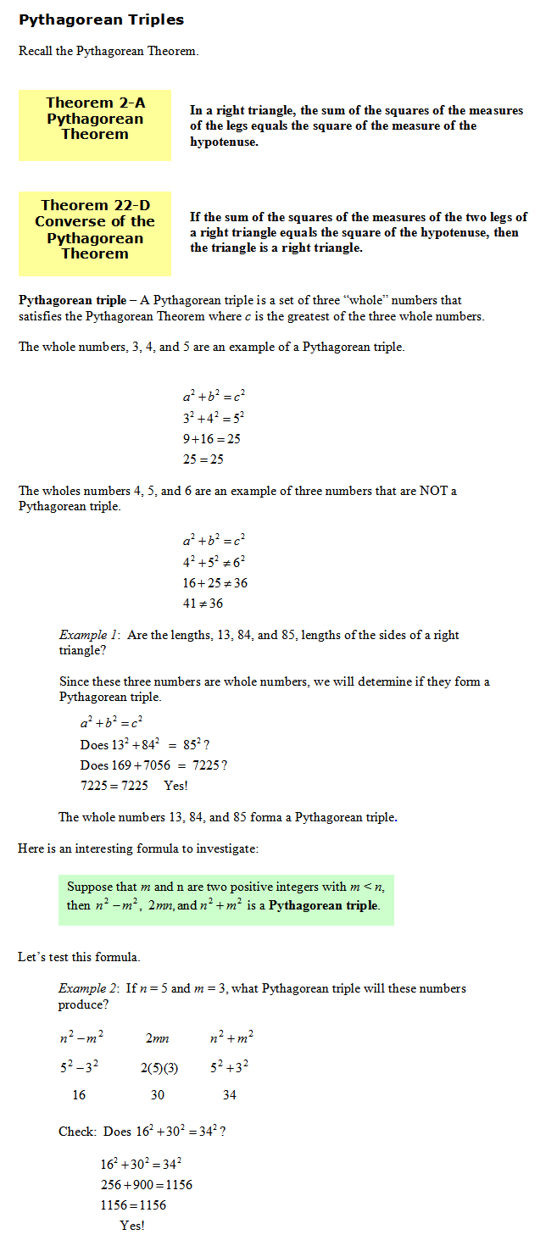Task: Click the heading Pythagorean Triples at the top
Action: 101,19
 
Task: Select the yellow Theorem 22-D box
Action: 95,230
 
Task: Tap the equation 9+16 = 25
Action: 211,439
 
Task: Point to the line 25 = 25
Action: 203,459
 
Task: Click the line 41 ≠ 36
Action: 203,604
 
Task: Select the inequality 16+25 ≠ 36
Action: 214,583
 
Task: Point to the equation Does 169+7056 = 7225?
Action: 153,765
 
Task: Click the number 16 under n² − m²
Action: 79,1095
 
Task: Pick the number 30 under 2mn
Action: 158,1095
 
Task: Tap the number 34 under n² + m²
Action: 229,1095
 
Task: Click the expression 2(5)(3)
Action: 159,1068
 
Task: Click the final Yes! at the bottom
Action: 132,1225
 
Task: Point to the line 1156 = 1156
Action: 133,1205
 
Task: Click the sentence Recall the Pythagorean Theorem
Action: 109,51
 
